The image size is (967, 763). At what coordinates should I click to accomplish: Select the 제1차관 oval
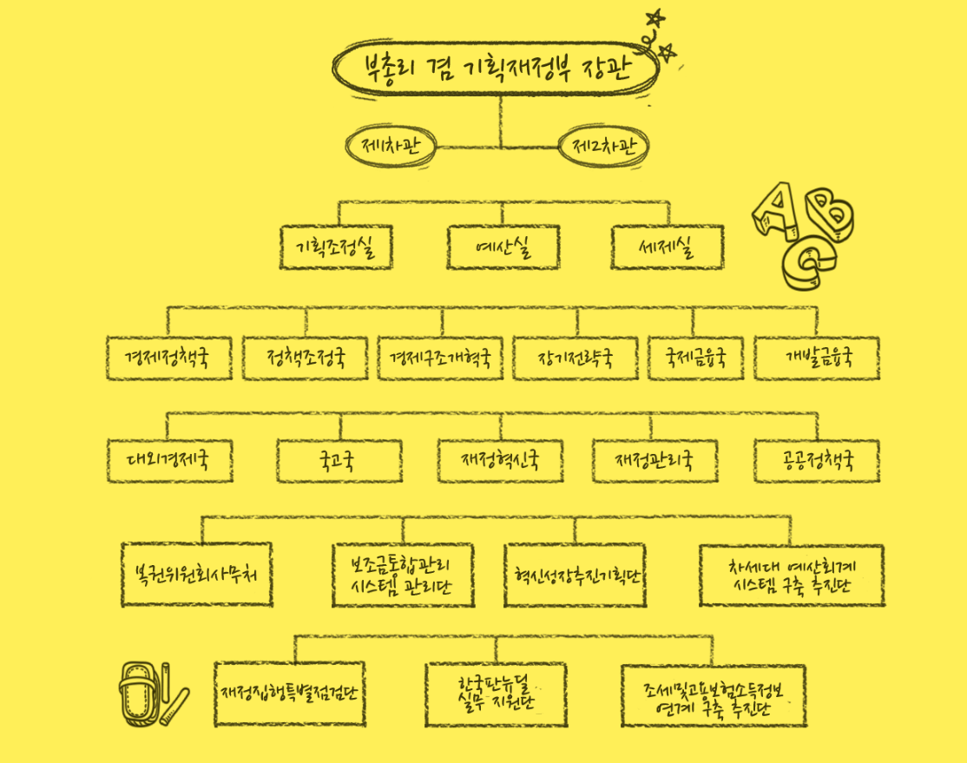pyautogui.click(x=391, y=145)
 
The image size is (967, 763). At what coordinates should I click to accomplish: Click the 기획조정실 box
pyautogui.click(x=337, y=248)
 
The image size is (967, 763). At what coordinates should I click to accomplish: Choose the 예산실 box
pyautogui.click(x=503, y=248)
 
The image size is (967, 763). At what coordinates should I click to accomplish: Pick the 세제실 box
pyautogui.click(x=667, y=248)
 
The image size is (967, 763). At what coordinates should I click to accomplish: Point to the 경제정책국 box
pyautogui.click(x=170, y=358)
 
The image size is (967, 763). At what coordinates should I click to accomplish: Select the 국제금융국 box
pyautogui.click(x=695, y=358)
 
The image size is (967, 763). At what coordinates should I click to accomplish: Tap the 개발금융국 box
pyautogui.click(x=817, y=358)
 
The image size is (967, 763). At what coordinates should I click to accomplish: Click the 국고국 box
pyautogui.click(x=339, y=461)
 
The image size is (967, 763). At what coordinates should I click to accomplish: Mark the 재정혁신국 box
pyautogui.click(x=501, y=461)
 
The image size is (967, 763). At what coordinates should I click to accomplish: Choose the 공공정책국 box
pyautogui.click(x=817, y=461)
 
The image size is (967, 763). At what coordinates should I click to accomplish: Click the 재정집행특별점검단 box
pyautogui.click(x=290, y=694)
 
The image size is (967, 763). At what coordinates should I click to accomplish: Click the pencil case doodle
pyautogui.click(x=139, y=694)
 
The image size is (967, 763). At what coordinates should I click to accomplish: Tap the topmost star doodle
pyautogui.click(x=656, y=17)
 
